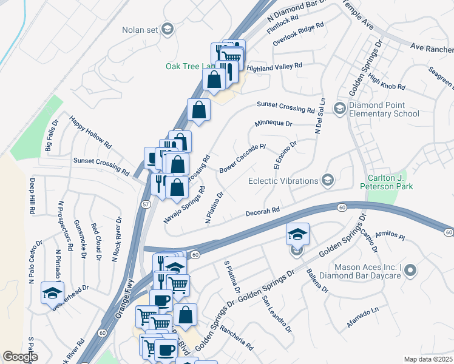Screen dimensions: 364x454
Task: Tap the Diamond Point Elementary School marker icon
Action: (339, 108)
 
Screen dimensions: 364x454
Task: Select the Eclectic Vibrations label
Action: (283, 181)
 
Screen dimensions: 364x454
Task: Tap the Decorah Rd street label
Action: (262, 212)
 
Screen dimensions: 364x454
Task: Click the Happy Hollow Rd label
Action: (90, 133)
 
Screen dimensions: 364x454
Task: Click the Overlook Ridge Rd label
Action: (298, 35)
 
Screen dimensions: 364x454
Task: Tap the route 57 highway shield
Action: (146, 204)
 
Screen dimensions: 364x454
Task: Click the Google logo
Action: (21, 357)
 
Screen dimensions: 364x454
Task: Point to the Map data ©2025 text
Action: (428, 359)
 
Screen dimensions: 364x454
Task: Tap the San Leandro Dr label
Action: (277, 314)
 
